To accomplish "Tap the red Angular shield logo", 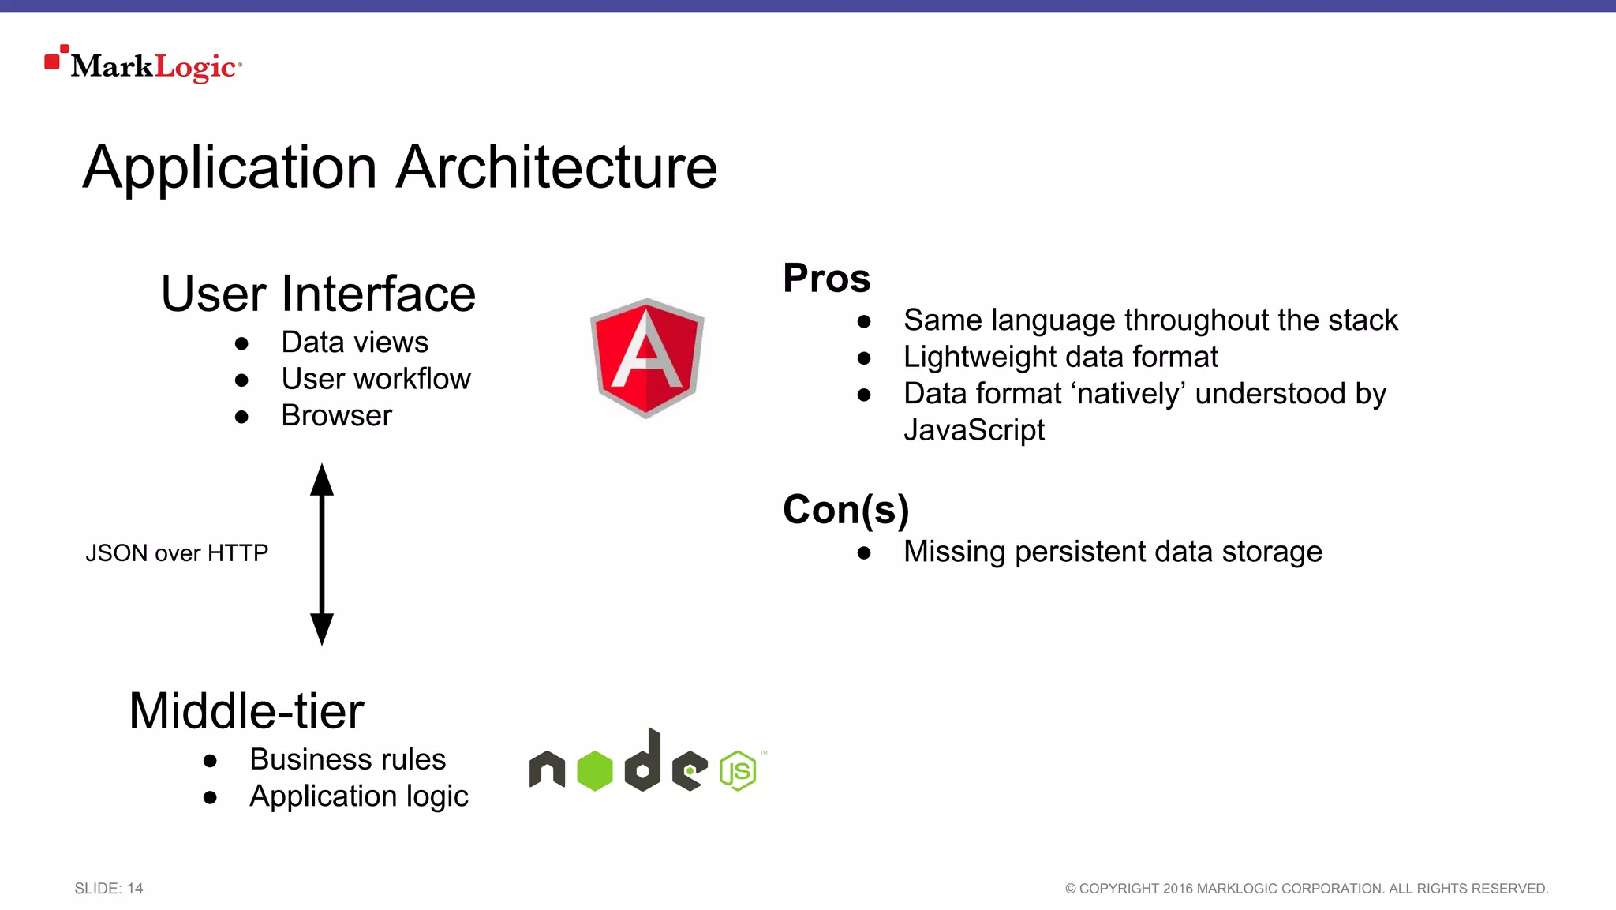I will pos(647,358).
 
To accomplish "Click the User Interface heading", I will pos(318,294).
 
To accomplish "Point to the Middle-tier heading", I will pos(246,710).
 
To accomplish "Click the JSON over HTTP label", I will pos(177,552).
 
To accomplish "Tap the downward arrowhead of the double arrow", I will pos(322,629).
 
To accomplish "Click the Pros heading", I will pos(826,278).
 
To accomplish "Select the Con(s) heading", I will pos(846,509).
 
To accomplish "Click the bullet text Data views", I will pos(354,342).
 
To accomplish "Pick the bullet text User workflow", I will pos(376,379).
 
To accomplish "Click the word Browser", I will pos(336,415).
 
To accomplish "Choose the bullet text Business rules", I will pos(347,758).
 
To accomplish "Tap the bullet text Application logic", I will pos(358,796).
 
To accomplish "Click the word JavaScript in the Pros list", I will pos(974,430).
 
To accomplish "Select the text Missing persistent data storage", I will pos(1113,551).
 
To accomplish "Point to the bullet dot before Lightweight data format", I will pos(864,358).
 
